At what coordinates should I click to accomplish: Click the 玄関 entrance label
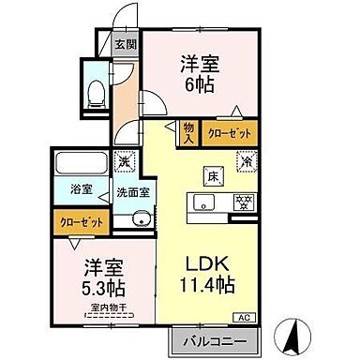tap(126, 43)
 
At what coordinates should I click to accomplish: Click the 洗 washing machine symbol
tap(124, 160)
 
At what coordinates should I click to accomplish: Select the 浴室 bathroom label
tap(82, 190)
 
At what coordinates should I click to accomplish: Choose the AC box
tap(247, 317)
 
